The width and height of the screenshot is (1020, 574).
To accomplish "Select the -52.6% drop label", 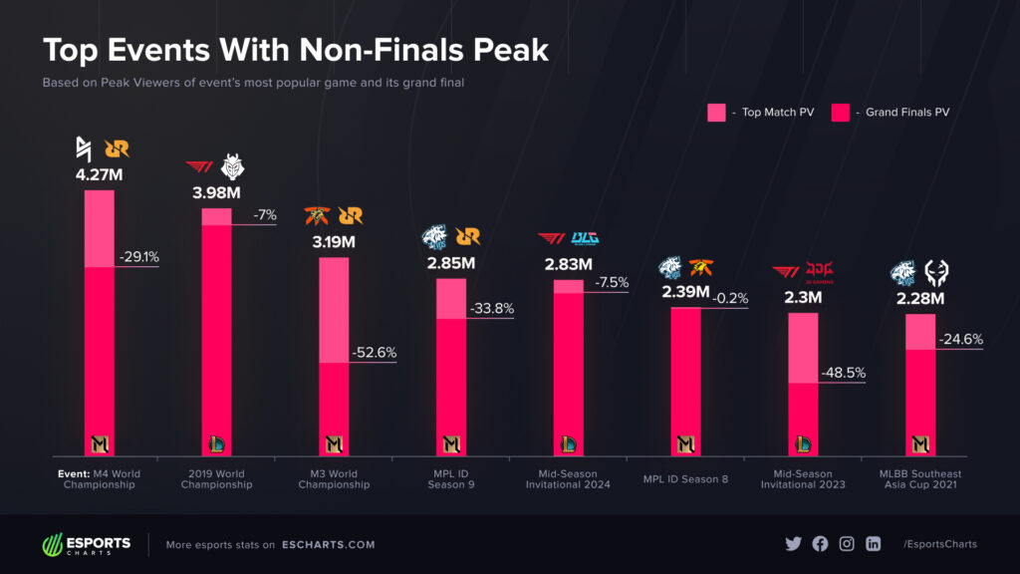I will pos(375,352).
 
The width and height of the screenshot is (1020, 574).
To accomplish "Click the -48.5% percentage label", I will pos(843,373).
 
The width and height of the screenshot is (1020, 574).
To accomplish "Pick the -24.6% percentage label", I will pos(960,339).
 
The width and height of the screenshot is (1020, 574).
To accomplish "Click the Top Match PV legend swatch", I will pos(716,113).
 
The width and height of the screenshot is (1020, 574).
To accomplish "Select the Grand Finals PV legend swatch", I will pos(844,113).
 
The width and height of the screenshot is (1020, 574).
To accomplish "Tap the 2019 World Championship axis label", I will pos(216,478).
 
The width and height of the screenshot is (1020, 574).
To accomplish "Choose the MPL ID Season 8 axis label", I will pos(685,478).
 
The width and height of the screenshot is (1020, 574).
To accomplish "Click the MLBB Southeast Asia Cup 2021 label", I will pos(920,478).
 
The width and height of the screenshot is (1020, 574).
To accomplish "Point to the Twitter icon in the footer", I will pos(793,544).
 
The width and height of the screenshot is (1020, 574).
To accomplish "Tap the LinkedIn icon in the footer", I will pos(874,544).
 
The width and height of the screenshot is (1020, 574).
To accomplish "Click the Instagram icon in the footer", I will pos(847,544).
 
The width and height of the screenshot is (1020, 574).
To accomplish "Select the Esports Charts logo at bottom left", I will pos(86,544).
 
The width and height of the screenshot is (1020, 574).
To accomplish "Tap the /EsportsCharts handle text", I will pos(939,544).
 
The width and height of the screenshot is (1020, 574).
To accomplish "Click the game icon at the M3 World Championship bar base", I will pos(334,443).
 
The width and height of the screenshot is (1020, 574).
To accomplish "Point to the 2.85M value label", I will pos(451,263).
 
